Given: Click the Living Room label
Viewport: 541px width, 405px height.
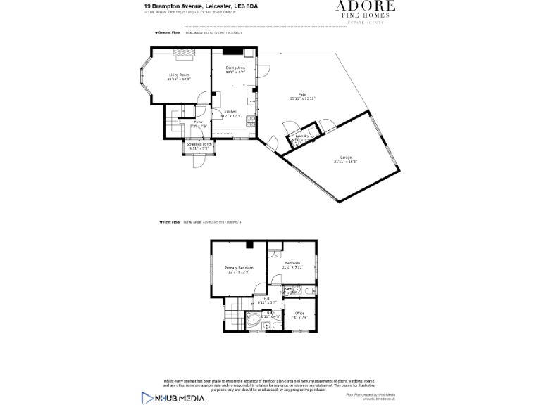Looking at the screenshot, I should point(179,75).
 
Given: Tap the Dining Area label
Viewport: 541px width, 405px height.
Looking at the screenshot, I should point(235,67).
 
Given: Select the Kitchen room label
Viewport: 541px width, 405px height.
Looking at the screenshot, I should point(230,112).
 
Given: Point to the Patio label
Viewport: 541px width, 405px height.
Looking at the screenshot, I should point(301,94).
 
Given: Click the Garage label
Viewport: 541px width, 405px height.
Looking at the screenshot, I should point(345,157).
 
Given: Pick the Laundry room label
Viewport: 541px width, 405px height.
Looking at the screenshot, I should point(302,136).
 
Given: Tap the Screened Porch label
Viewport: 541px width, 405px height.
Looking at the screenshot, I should point(198,144).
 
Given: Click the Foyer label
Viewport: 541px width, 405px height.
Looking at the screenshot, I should point(198,122).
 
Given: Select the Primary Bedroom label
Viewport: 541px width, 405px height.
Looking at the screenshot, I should point(239,268).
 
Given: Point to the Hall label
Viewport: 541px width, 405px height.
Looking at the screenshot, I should point(267,298).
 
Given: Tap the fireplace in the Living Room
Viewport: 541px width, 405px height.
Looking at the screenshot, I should point(182,52).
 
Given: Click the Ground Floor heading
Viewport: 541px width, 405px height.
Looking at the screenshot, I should point(169,33).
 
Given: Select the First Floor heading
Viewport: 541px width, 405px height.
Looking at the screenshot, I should point(172,221).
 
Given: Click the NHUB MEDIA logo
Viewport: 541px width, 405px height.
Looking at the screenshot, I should point(173,397).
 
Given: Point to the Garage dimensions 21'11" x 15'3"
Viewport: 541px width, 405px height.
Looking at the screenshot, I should point(345,162).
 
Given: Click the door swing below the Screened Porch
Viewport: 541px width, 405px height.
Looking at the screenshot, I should point(199,161).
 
